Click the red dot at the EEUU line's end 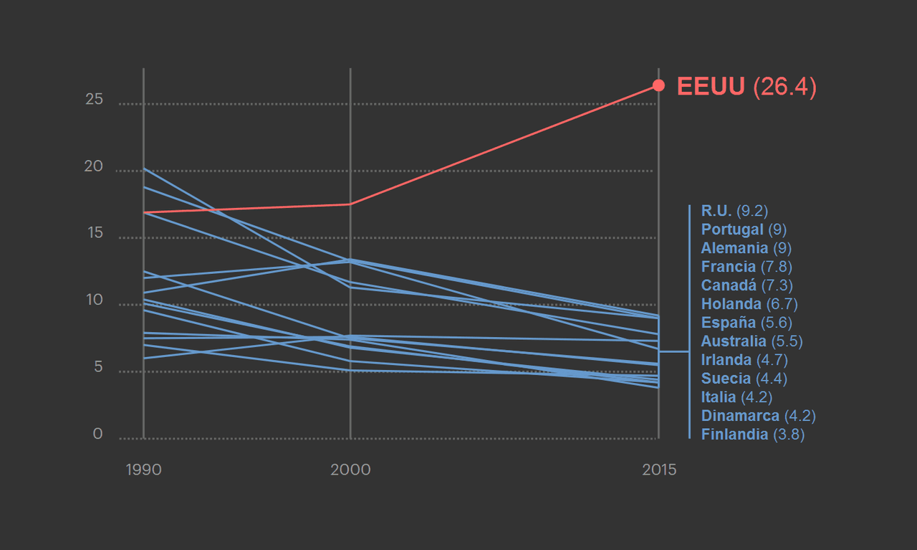click(659, 86)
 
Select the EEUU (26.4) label click(746, 87)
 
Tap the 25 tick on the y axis click(94, 100)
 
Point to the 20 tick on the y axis click(94, 166)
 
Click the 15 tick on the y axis click(94, 234)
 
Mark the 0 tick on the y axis click(97, 435)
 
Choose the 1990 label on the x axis click(143, 470)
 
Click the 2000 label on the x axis click(350, 470)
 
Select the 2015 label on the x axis click(659, 470)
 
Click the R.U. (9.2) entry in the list click(734, 211)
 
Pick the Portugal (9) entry click(744, 229)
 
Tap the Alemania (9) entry click(746, 248)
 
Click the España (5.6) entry click(746, 323)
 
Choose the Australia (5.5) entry click(752, 341)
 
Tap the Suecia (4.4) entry click(743, 379)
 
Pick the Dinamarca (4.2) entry click(758, 416)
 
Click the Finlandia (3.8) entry click(752, 435)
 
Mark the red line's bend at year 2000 click(350, 204)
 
